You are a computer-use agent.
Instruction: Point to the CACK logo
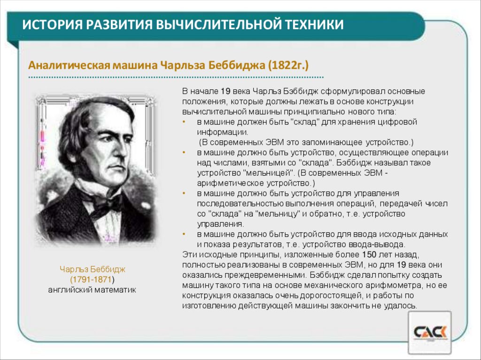pos(429,333)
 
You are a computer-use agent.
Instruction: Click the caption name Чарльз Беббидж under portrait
pos(93,269)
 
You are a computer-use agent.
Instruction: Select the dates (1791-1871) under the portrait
pos(93,280)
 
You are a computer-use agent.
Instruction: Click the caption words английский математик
pos(92,290)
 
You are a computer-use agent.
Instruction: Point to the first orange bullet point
pos(185,122)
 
